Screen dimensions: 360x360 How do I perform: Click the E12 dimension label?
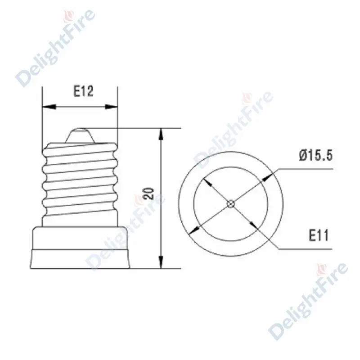coord(83,91)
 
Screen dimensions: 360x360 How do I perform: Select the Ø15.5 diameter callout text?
coord(316,155)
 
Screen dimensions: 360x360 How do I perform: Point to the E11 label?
coord(319,235)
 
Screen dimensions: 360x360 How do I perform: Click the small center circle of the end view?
coord(231,204)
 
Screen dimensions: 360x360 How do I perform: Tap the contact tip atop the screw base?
coord(80,135)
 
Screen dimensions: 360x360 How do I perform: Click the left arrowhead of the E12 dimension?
coord(49,107)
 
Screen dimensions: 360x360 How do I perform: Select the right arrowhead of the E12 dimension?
coord(111,107)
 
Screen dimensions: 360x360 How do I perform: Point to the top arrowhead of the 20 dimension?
coord(162,134)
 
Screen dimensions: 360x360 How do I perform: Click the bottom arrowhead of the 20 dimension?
coord(162,262)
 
